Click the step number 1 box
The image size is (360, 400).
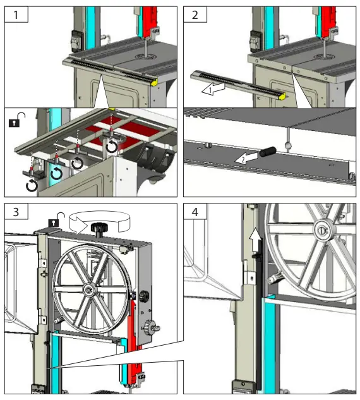[x=14, y=14]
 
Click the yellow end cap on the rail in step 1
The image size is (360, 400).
[x=153, y=81]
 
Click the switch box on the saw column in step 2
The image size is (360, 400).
[x=255, y=40]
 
